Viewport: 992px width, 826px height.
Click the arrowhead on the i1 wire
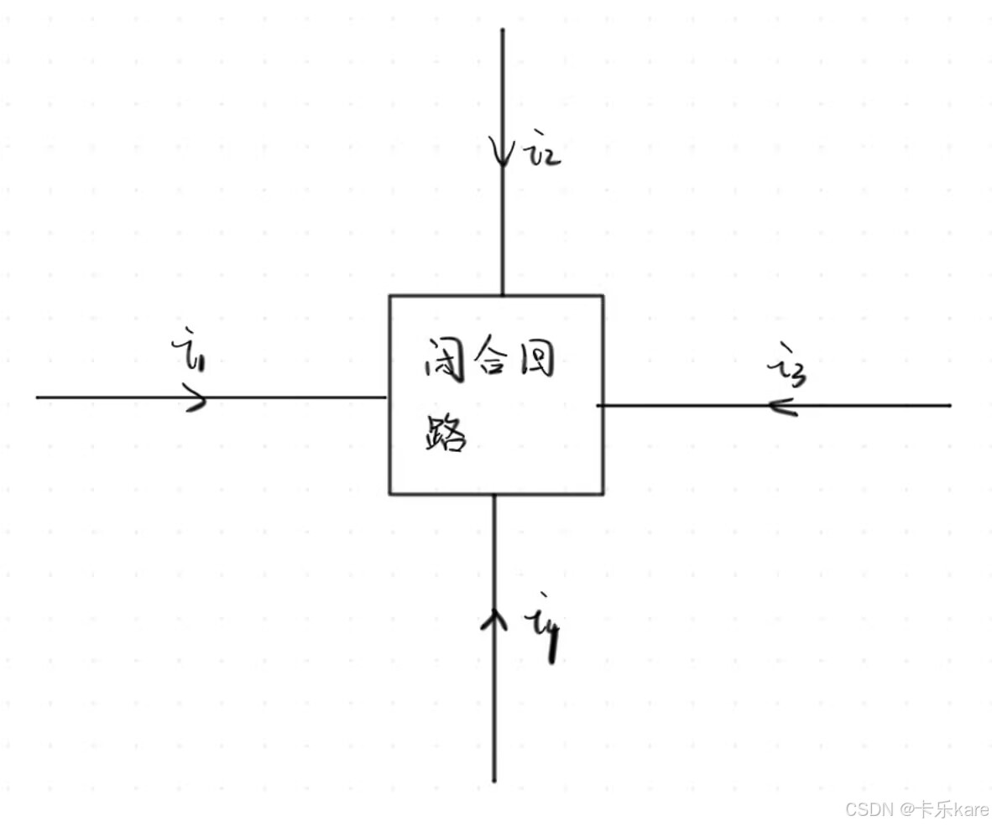point(196,397)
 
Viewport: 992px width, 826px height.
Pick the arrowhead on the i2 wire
point(502,153)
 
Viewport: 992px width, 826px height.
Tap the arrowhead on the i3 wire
point(781,406)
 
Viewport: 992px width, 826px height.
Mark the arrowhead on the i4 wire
point(494,621)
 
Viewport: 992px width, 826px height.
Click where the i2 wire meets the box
point(502,295)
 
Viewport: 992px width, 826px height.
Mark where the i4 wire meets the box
point(494,494)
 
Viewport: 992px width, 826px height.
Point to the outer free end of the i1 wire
point(38,397)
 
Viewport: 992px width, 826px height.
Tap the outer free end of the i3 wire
point(950,406)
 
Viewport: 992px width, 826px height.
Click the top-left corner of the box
point(389,296)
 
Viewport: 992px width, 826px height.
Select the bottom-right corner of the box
point(603,493)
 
